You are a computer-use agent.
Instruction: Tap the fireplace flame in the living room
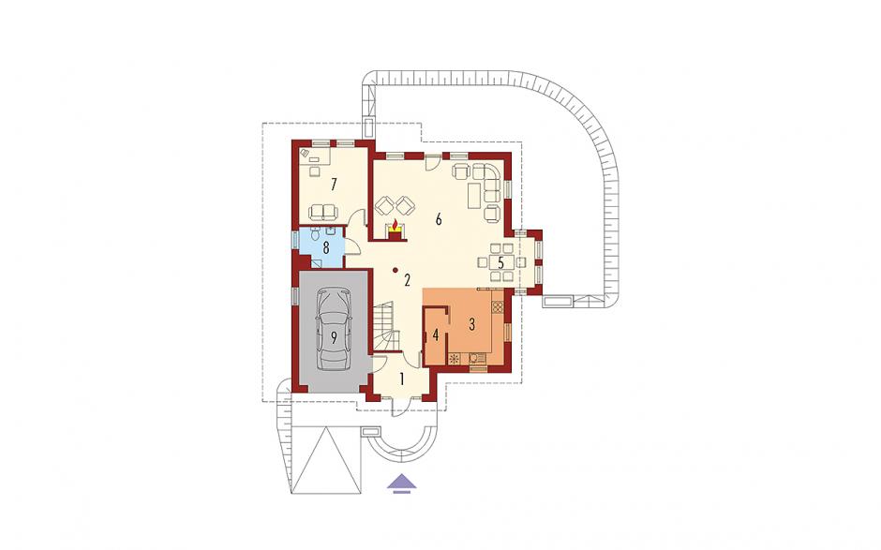pyautogui.click(x=395, y=225)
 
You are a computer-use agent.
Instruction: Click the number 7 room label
pyautogui.click(x=334, y=184)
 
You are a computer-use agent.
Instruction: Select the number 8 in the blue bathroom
pyautogui.click(x=325, y=246)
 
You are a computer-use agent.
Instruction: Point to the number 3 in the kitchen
pyautogui.click(x=472, y=324)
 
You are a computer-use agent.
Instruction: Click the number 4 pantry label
pyautogui.click(x=435, y=336)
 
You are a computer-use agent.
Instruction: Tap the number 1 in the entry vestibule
pyautogui.click(x=402, y=379)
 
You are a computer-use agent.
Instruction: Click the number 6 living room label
pyautogui.click(x=439, y=219)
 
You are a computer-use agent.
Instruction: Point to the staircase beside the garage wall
pyautogui.click(x=385, y=326)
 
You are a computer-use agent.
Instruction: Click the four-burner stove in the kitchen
pyautogui.click(x=497, y=306)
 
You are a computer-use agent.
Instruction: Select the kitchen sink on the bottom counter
pyautogui.click(x=476, y=358)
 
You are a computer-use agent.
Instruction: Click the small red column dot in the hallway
pyautogui.click(x=396, y=270)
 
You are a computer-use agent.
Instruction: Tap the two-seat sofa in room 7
pyautogui.click(x=323, y=212)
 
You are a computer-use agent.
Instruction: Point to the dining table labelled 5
pyautogui.click(x=501, y=261)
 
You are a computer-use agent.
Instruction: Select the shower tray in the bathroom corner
pyautogui.click(x=318, y=262)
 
